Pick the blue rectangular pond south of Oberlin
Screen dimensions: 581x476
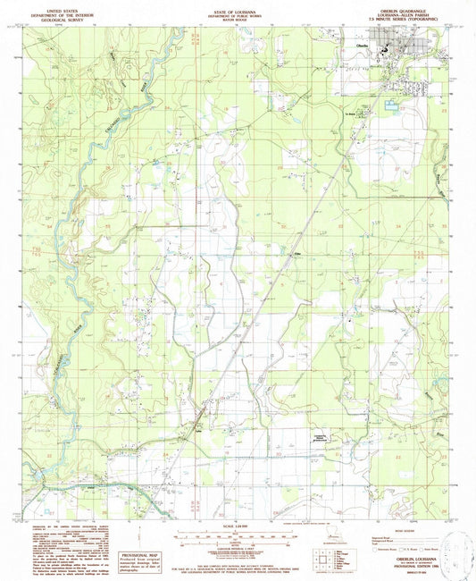pyautogui.click(x=391, y=106)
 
